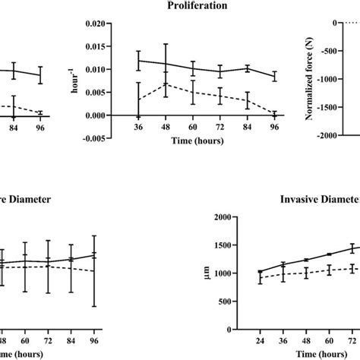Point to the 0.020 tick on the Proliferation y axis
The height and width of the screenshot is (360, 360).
pos(114,24)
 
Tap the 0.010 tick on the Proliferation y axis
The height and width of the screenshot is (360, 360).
pos(114,70)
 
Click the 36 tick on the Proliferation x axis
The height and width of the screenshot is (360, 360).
pos(138,128)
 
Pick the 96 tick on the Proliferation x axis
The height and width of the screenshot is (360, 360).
pos(274,128)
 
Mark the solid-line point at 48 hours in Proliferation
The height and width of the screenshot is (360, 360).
pos(166,65)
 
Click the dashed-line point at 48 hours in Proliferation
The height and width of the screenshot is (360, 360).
pos(166,84)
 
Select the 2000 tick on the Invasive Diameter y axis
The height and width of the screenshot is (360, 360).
pos(221,219)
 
